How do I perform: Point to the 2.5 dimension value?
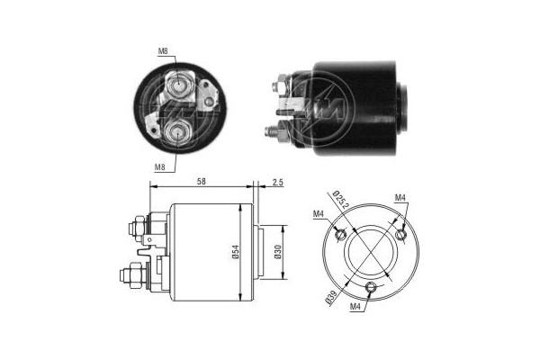(275, 183)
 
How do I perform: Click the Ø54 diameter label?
(236, 253)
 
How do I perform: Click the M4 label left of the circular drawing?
(319, 213)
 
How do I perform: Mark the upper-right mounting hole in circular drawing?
(401, 234)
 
